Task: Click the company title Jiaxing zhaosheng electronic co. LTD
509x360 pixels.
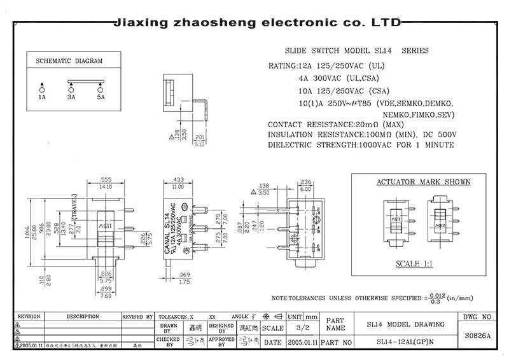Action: click(x=256, y=24)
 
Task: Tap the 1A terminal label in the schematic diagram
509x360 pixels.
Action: click(x=42, y=98)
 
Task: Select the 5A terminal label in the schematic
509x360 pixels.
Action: click(x=101, y=98)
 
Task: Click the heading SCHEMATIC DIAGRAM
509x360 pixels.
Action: click(x=69, y=62)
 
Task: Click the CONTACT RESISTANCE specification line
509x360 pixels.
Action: click(x=337, y=124)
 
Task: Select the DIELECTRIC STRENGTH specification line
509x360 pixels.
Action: click(x=361, y=145)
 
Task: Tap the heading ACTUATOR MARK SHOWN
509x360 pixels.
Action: click(x=423, y=182)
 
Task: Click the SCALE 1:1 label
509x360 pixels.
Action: click(x=414, y=263)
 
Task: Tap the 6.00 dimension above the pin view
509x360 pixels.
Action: click(x=305, y=189)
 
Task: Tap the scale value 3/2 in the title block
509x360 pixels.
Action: click(x=302, y=329)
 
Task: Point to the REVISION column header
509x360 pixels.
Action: click(x=29, y=316)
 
